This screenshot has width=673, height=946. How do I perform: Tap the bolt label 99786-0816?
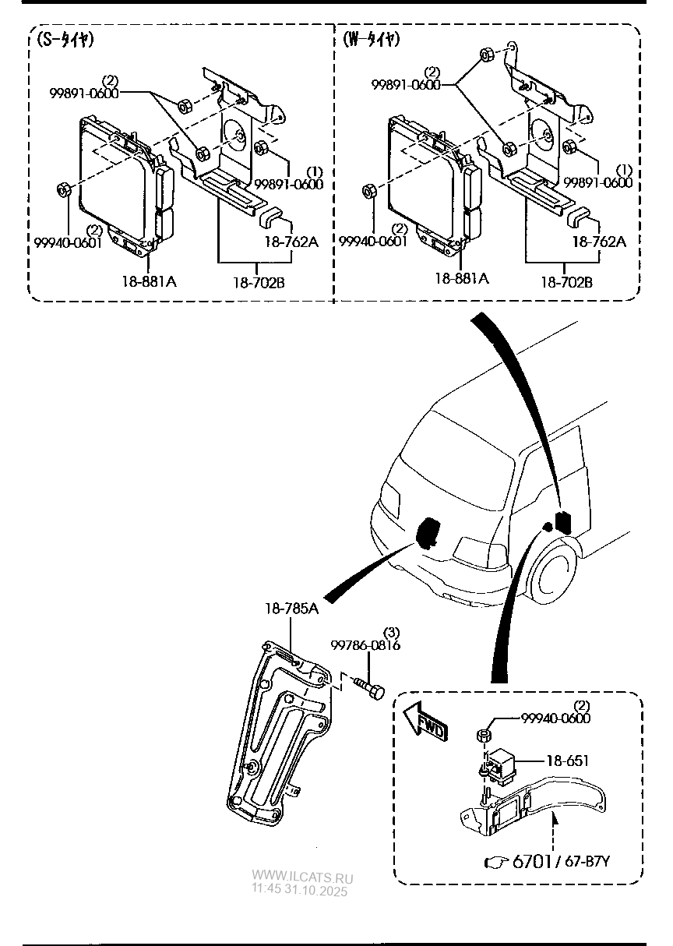(x=365, y=645)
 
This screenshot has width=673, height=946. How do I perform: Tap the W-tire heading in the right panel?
(x=372, y=41)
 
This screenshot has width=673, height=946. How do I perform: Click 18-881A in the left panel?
(x=149, y=281)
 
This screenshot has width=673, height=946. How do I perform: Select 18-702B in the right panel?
(x=566, y=283)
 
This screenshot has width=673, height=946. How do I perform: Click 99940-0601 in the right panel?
(x=373, y=242)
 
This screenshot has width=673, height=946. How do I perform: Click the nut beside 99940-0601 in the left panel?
(x=65, y=189)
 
